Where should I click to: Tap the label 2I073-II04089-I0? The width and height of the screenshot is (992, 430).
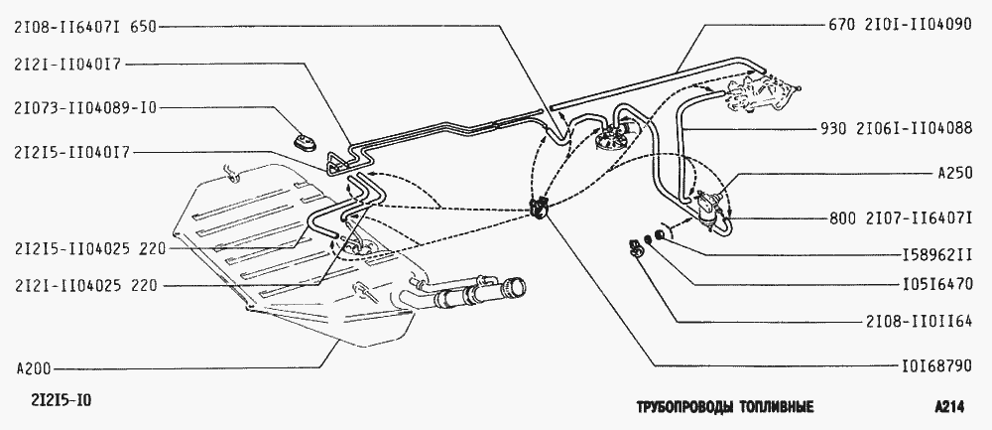pyautogui.click(x=83, y=108)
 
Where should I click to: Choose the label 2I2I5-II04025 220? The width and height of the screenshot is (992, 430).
pyautogui.click(x=91, y=249)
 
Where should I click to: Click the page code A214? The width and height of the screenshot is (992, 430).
pyautogui.click(x=949, y=408)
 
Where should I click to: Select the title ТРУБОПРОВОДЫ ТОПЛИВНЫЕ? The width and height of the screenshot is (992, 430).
pyautogui.click(x=724, y=408)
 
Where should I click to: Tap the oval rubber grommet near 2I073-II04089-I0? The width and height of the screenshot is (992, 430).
pyautogui.click(x=307, y=141)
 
